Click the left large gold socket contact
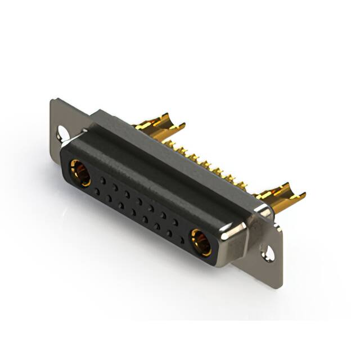tap(80, 173)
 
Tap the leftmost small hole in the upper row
tap(102, 181)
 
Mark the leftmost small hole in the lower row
tap(97, 191)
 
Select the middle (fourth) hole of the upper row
tap(139, 201)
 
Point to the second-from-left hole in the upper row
tap(115, 187)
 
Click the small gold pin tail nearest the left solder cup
tap(179, 148)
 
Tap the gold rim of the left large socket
tap(74, 168)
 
